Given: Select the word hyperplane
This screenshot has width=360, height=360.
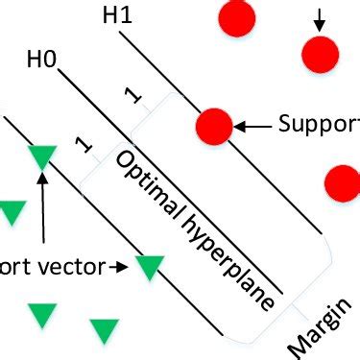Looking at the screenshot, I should tap(225, 259).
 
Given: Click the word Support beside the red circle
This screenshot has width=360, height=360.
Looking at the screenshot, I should tap(318, 125).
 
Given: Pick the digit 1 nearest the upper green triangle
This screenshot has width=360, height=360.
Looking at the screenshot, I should tap(83, 146).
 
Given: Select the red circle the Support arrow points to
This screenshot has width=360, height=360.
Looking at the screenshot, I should tap(213, 126).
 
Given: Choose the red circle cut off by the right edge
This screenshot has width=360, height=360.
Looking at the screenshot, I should tap(344, 180).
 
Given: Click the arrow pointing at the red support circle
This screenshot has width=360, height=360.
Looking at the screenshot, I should tap(253, 126).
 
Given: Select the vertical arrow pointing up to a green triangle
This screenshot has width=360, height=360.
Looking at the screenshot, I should tap(43, 206).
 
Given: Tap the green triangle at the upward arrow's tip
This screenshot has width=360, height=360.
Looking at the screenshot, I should tap(43, 156).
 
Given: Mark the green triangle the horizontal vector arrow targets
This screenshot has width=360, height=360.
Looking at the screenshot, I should tap(150, 267).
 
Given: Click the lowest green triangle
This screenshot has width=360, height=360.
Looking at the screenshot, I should tap(104, 331).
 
